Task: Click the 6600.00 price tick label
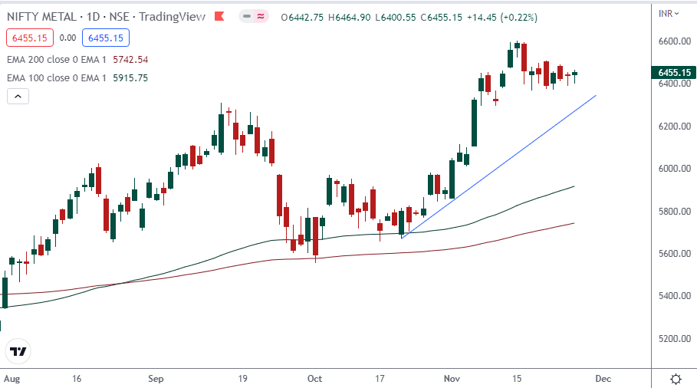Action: [x=676, y=41]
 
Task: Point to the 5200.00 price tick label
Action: [x=676, y=338]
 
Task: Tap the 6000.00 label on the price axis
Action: [x=676, y=168]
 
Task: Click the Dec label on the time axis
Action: [x=603, y=379]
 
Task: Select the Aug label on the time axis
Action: [x=11, y=379]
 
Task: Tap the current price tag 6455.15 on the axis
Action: [x=675, y=73]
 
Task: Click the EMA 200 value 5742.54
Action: [x=130, y=59]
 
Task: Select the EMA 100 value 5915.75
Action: [x=130, y=77]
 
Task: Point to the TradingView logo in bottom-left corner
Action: [x=18, y=352]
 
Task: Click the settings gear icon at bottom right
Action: [x=676, y=379]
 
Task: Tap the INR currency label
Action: [x=666, y=13]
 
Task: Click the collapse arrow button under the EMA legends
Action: [x=18, y=96]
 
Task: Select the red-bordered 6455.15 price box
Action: [x=28, y=37]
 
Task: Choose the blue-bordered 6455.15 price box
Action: [x=107, y=37]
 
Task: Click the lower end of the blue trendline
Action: [x=402, y=238]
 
